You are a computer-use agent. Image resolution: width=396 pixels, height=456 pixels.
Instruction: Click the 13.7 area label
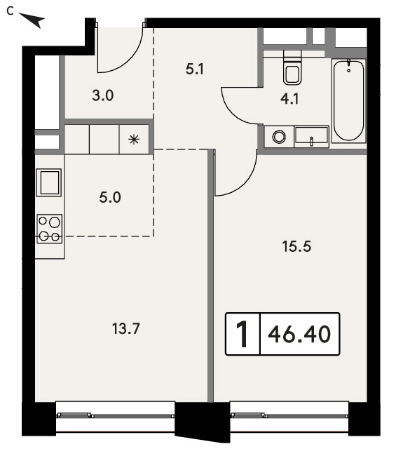125,329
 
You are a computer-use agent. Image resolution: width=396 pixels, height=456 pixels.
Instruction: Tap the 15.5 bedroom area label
296,246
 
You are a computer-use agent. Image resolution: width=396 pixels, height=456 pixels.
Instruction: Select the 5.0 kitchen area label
110,197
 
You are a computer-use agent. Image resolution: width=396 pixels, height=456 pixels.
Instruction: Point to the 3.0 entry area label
102,95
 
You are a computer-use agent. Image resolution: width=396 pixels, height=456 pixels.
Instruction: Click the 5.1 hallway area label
194,69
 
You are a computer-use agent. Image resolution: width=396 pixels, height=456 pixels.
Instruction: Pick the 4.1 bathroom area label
289,99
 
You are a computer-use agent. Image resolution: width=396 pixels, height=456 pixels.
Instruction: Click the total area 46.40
299,334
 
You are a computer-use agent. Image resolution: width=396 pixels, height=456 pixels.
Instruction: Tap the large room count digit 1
242,334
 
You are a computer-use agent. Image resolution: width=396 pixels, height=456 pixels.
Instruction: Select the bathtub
348,100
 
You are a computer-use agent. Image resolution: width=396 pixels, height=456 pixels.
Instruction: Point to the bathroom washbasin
311,137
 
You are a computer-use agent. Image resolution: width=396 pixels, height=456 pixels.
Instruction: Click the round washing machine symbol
279,136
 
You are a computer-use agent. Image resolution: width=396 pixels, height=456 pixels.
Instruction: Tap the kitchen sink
49,182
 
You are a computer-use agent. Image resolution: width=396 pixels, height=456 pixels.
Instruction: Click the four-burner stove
49,229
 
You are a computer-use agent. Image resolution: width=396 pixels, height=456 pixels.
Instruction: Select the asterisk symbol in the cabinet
134,140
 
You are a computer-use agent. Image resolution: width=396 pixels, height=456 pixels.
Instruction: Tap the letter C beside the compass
11,11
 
